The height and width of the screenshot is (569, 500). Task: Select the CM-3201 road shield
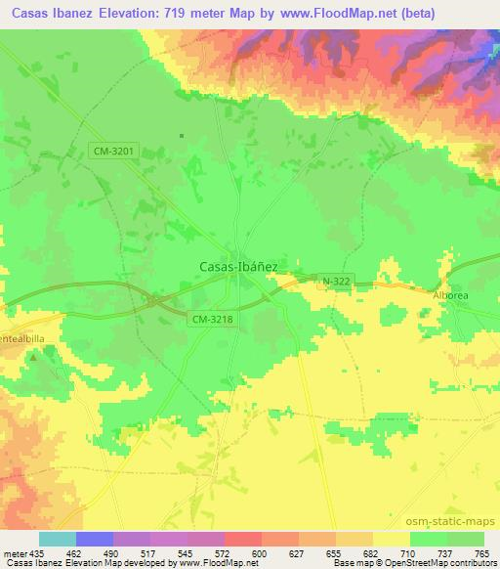pyautogui.click(x=115, y=151)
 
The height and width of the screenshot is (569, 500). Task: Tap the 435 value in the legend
pyautogui.click(x=35, y=552)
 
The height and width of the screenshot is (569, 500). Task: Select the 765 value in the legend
pyautogui.click(x=483, y=552)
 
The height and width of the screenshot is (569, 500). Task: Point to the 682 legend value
pyautogui.click(x=372, y=552)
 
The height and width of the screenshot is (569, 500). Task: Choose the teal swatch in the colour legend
pyautogui.click(x=58, y=539)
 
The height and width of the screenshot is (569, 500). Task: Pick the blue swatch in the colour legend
pyautogui.click(x=95, y=539)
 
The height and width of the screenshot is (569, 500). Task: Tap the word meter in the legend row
pyautogui.click(x=14, y=552)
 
